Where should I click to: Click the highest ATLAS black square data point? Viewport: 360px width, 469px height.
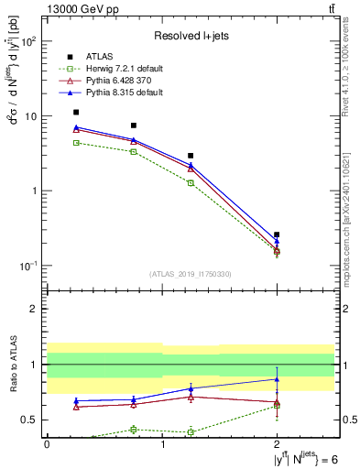(x=76, y=112)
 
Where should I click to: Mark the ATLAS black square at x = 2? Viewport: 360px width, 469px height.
(x=277, y=234)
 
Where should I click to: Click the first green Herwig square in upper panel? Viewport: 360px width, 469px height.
(x=76, y=143)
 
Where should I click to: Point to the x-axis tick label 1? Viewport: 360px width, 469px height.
(x=162, y=443)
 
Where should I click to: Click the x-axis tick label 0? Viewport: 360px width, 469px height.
(x=47, y=443)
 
